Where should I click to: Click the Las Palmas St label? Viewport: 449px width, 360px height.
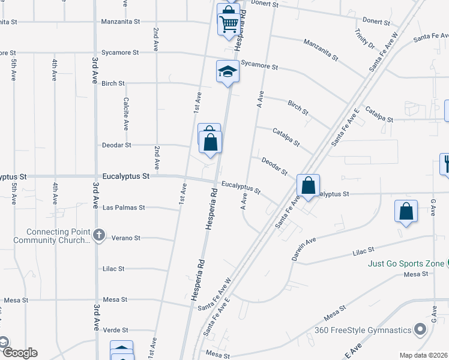124,208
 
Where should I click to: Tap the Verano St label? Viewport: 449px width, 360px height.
126,238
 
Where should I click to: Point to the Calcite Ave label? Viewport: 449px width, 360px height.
126,114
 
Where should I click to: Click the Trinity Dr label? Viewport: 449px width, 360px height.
364,38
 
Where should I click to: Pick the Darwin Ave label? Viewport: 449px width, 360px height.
303,248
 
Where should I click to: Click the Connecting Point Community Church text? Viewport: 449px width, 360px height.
58,236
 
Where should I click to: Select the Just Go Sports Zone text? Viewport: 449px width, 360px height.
398,263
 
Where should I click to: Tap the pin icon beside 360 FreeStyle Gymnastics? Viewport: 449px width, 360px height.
420,329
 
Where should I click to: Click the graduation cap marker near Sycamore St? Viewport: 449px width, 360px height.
228,72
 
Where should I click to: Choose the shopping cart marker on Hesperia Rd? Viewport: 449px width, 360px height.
229,25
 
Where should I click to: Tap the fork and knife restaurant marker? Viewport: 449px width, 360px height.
445,163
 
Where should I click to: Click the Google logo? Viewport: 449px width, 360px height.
19,353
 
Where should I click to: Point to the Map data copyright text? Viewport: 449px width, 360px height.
424,355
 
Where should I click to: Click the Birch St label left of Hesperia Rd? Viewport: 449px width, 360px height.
113,83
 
